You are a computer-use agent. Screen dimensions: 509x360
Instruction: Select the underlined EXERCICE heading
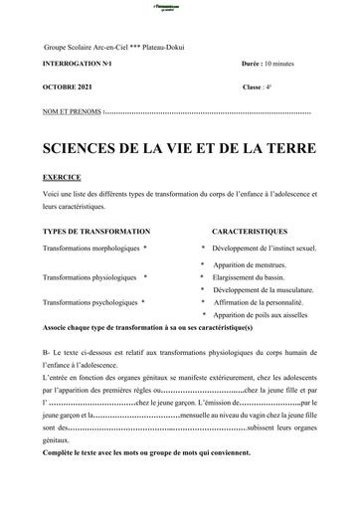pyautogui.click(x=64, y=172)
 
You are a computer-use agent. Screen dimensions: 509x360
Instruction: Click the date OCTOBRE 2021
pyautogui.click(x=70, y=86)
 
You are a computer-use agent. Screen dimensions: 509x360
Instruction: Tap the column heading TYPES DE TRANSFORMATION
pyautogui.click(x=96, y=229)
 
